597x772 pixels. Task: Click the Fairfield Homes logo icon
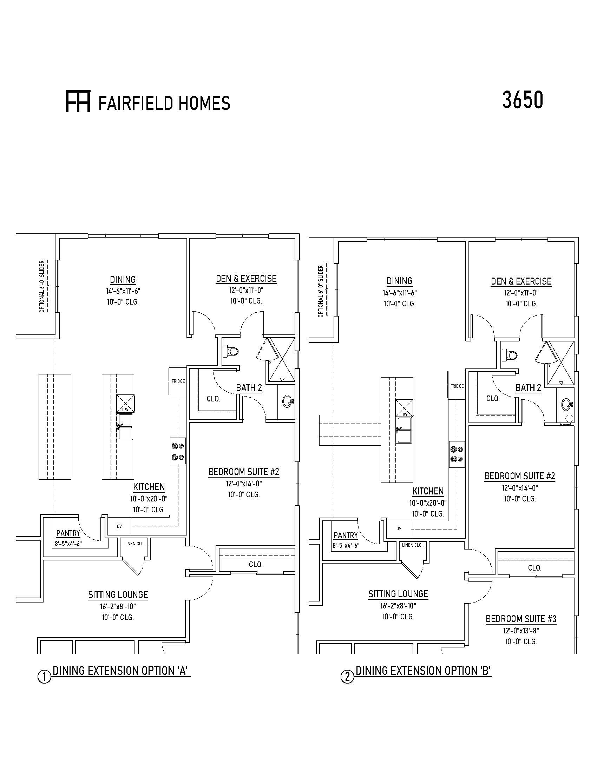tap(78, 101)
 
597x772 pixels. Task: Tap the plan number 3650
tap(523, 100)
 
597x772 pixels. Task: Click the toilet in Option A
tap(231, 351)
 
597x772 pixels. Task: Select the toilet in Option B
tap(510, 355)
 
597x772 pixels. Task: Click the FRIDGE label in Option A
tap(178, 381)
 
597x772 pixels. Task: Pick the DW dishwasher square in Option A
tap(126, 403)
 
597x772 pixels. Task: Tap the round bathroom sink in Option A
tap(287, 401)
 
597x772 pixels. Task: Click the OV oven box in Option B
tap(399, 529)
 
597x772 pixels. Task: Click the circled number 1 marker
tap(44, 677)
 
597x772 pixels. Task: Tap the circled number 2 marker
tap(347, 677)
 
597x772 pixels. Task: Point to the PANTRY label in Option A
tap(68, 533)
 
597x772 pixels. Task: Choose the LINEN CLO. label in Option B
tap(412, 545)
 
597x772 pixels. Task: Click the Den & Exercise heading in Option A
tap(246, 279)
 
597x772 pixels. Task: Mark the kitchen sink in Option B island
tap(404, 430)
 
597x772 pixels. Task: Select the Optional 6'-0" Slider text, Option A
tap(42, 287)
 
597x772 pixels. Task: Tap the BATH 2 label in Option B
tap(528, 388)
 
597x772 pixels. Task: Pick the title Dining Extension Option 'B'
tap(424, 671)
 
